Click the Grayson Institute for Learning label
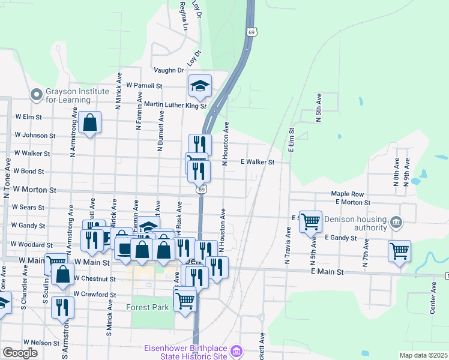click(x=77, y=95)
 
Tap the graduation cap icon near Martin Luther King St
click(x=200, y=86)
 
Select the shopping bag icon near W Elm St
click(x=89, y=123)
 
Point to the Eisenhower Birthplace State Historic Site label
click(x=186, y=352)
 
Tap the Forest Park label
click(x=148, y=307)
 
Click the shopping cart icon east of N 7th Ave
click(x=399, y=250)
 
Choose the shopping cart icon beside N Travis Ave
click(x=310, y=221)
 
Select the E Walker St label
click(x=258, y=162)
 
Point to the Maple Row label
click(x=348, y=194)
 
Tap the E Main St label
click(x=327, y=272)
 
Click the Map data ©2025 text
click(x=423, y=355)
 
